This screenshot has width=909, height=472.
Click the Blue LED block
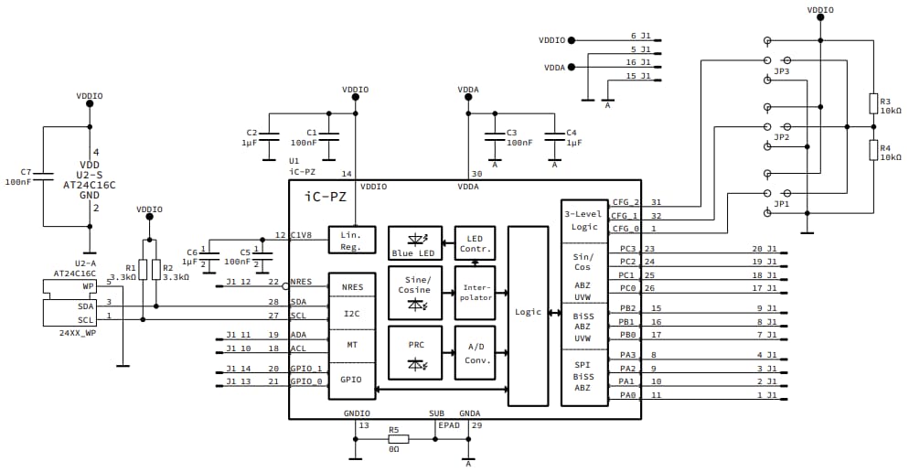(x=414, y=243)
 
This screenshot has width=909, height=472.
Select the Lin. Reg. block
(x=352, y=240)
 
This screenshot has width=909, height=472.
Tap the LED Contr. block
(x=474, y=243)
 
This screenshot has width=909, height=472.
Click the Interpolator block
(x=474, y=291)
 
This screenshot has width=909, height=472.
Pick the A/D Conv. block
(x=474, y=353)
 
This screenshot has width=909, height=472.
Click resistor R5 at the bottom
(x=394, y=439)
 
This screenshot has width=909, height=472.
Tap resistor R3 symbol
(x=873, y=102)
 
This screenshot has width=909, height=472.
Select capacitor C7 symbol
(x=43, y=177)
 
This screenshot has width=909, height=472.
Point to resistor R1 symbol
(x=143, y=270)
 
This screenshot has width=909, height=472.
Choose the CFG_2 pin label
(x=625, y=202)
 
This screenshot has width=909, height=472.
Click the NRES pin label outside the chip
(x=301, y=282)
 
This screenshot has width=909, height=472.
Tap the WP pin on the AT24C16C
(x=87, y=285)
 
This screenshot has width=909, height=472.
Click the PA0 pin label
(x=626, y=395)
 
